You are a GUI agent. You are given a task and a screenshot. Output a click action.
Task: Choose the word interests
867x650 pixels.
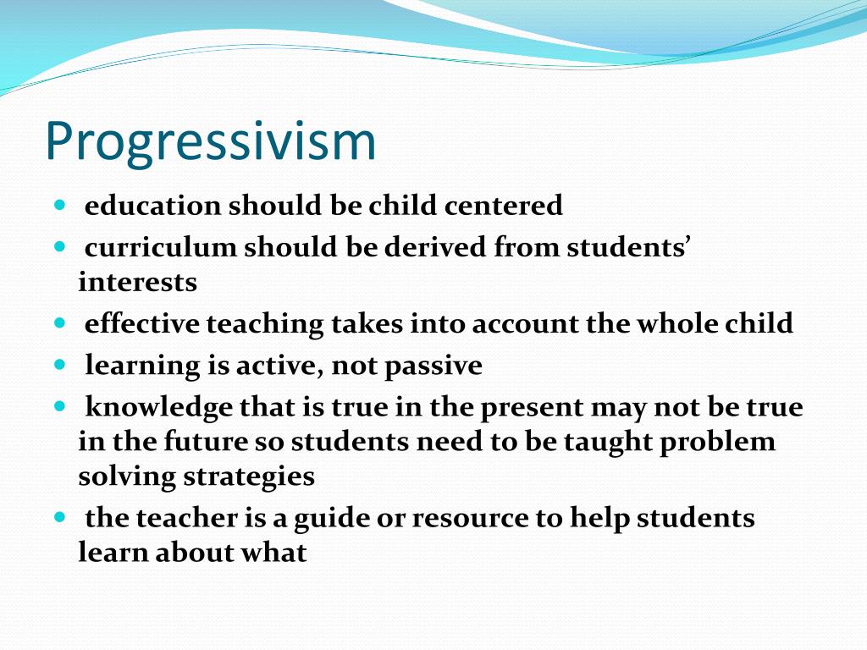(x=137, y=282)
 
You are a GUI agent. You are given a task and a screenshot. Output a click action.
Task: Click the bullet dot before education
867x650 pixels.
(x=59, y=205)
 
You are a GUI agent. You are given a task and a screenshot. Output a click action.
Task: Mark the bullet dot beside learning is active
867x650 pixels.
(x=59, y=366)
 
